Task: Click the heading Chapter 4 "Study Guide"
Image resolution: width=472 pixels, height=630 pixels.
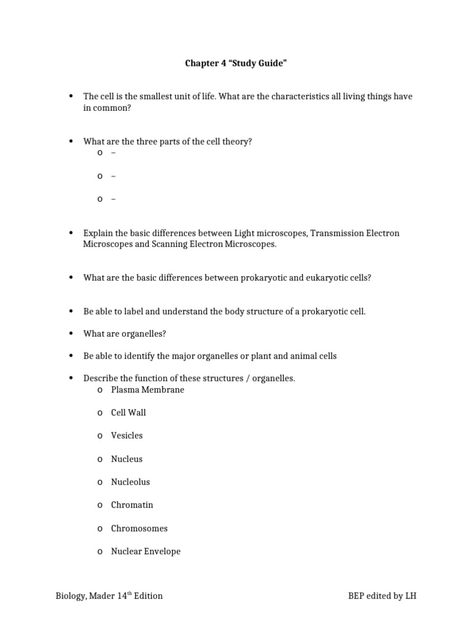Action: (236, 63)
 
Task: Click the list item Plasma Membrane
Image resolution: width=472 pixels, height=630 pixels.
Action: (147, 389)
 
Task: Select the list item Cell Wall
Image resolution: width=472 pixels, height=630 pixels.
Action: (128, 412)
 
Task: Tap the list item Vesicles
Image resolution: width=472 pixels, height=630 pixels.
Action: (127, 436)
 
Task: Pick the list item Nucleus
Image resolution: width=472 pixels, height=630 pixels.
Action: (127, 459)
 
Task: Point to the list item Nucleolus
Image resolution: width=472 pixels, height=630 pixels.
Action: (130, 482)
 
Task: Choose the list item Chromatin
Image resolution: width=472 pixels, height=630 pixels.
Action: (132, 505)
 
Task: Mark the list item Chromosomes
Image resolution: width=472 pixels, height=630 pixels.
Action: (139, 528)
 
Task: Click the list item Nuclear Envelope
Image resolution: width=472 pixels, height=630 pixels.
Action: (146, 551)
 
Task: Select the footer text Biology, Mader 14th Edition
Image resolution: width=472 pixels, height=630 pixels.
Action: (109, 596)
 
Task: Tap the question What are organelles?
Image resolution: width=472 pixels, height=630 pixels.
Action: (125, 333)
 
